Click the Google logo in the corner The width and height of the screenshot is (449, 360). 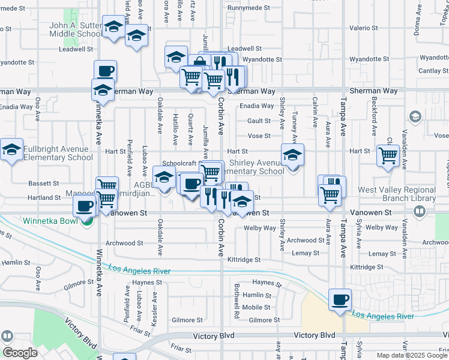pos(20,353)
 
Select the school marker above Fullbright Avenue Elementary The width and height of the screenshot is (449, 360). pos(11,150)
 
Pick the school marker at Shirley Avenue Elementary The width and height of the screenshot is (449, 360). pos(292,155)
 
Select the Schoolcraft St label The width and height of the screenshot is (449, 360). pos(180,163)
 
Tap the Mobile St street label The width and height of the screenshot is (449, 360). pos(256,307)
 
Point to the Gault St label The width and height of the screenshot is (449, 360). pos(259,121)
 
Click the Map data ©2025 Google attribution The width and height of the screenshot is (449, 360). pos(411,355)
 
